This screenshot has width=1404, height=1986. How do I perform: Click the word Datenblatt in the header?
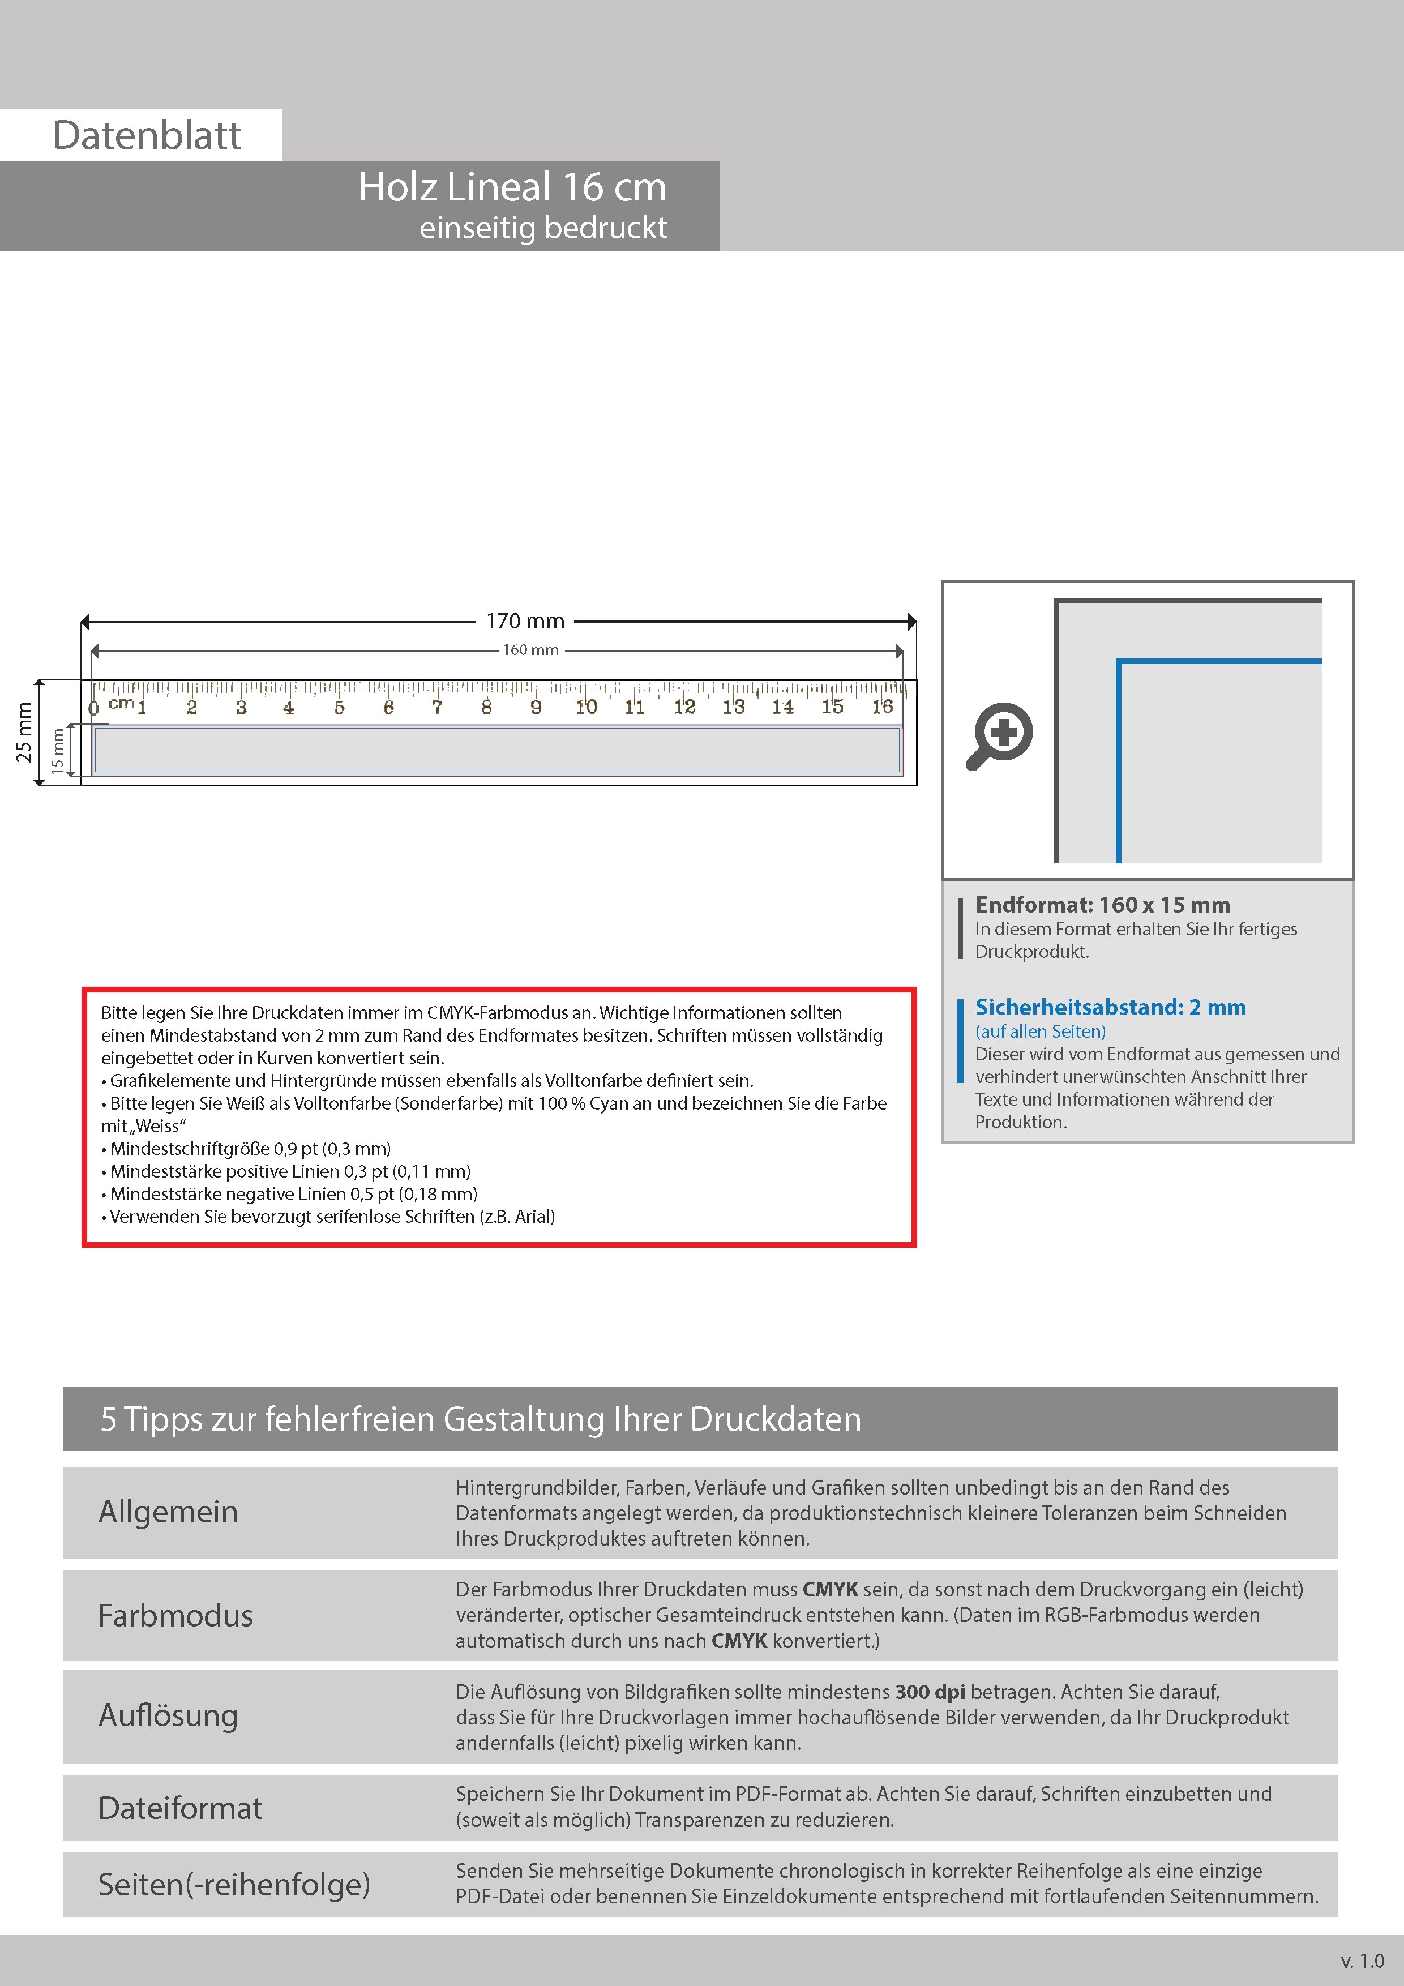tap(147, 136)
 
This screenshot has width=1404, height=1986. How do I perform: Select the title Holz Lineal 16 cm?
tap(512, 187)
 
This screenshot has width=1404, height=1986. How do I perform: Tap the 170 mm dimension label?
tap(525, 621)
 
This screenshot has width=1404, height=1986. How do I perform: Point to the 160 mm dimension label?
tap(530, 649)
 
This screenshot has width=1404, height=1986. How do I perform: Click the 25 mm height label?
tap(24, 733)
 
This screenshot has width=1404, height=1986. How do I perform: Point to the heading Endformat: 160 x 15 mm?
tap(1102, 905)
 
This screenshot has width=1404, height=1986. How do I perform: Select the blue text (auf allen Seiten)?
tap(1040, 1031)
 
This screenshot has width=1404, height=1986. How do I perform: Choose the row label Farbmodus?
tap(175, 1615)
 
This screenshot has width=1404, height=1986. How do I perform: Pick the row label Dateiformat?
tap(180, 1808)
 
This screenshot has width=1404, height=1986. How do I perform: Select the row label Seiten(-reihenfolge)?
tap(234, 1884)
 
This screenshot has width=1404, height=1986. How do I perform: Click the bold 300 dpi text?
tap(930, 1692)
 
